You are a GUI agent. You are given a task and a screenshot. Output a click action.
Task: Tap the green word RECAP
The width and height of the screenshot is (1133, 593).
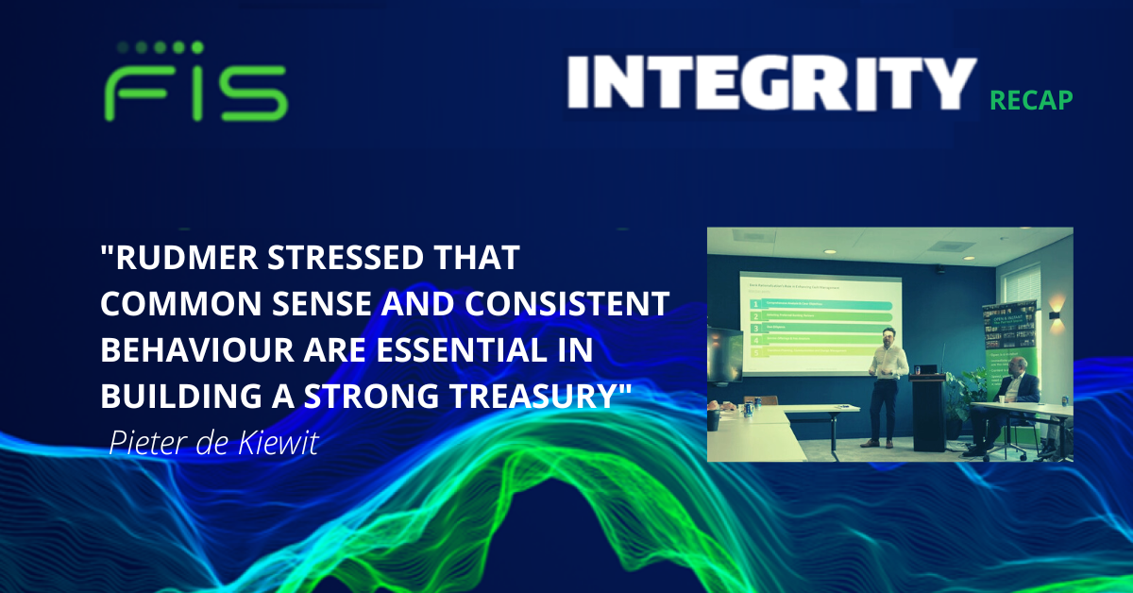pos(1031,100)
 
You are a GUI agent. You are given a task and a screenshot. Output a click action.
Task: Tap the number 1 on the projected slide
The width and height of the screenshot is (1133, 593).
pos(755,305)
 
